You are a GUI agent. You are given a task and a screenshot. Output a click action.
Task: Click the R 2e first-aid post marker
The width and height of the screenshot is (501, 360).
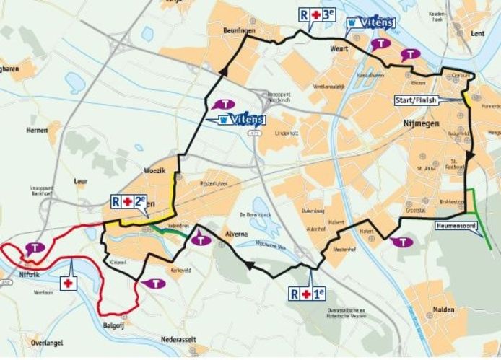pyautogui.click(x=128, y=202)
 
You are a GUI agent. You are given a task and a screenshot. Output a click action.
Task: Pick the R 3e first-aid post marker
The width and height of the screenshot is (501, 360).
pyautogui.click(x=317, y=14)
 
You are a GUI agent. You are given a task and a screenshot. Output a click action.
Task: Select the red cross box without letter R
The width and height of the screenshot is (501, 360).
pyautogui.click(x=69, y=284)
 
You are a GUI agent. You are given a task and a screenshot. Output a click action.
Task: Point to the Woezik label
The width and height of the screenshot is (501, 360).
pyautogui.click(x=157, y=170)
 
